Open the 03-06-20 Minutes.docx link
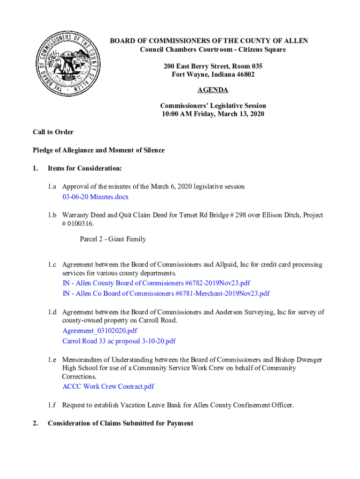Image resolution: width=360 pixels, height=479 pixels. point(95,197)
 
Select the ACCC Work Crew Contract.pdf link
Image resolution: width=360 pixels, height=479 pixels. point(108,386)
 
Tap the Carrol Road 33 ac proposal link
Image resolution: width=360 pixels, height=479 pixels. point(119,341)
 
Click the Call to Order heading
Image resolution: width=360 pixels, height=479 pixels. point(53,132)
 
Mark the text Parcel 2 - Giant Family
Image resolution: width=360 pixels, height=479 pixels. point(113,239)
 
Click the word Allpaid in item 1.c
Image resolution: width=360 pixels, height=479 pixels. point(226,265)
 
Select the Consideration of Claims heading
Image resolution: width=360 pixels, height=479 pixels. point(120,423)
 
